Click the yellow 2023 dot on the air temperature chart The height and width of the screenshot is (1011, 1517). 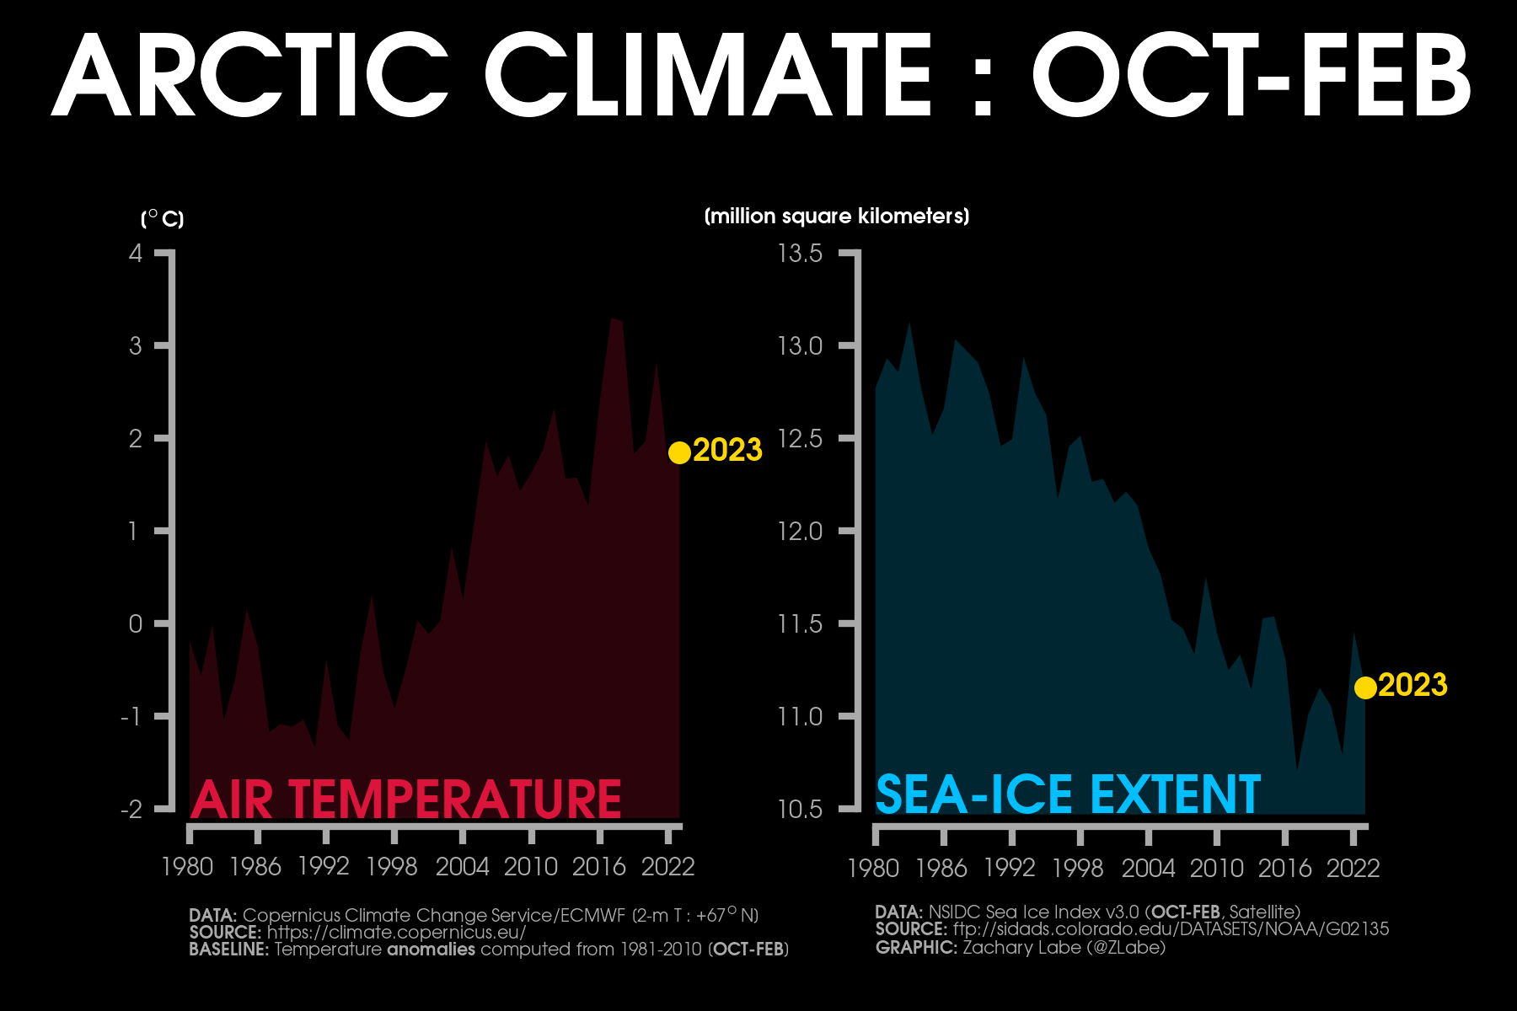click(679, 452)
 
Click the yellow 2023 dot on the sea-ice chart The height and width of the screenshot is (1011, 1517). click(1365, 687)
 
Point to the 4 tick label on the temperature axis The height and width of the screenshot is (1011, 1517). click(136, 253)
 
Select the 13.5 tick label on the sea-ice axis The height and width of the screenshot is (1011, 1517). click(800, 253)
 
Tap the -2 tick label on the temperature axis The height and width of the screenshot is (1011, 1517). click(131, 810)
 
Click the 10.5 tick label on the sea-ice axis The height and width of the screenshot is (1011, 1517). click(800, 810)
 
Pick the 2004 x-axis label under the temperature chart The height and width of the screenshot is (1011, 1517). click(462, 867)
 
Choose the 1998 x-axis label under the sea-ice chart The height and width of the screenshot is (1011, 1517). click(1078, 868)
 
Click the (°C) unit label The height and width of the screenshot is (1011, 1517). click(162, 219)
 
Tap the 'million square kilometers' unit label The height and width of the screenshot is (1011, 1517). click(836, 217)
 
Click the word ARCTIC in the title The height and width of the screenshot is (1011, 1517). click(249, 76)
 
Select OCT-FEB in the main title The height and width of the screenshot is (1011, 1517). click(1251, 76)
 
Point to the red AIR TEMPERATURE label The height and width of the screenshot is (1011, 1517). click(405, 799)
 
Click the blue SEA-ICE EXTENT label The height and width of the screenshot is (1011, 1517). click(1068, 794)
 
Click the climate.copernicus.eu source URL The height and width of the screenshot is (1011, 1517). click(396, 933)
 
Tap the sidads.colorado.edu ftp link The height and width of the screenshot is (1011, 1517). click(1171, 929)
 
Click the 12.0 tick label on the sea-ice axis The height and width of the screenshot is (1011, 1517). click(800, 531)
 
